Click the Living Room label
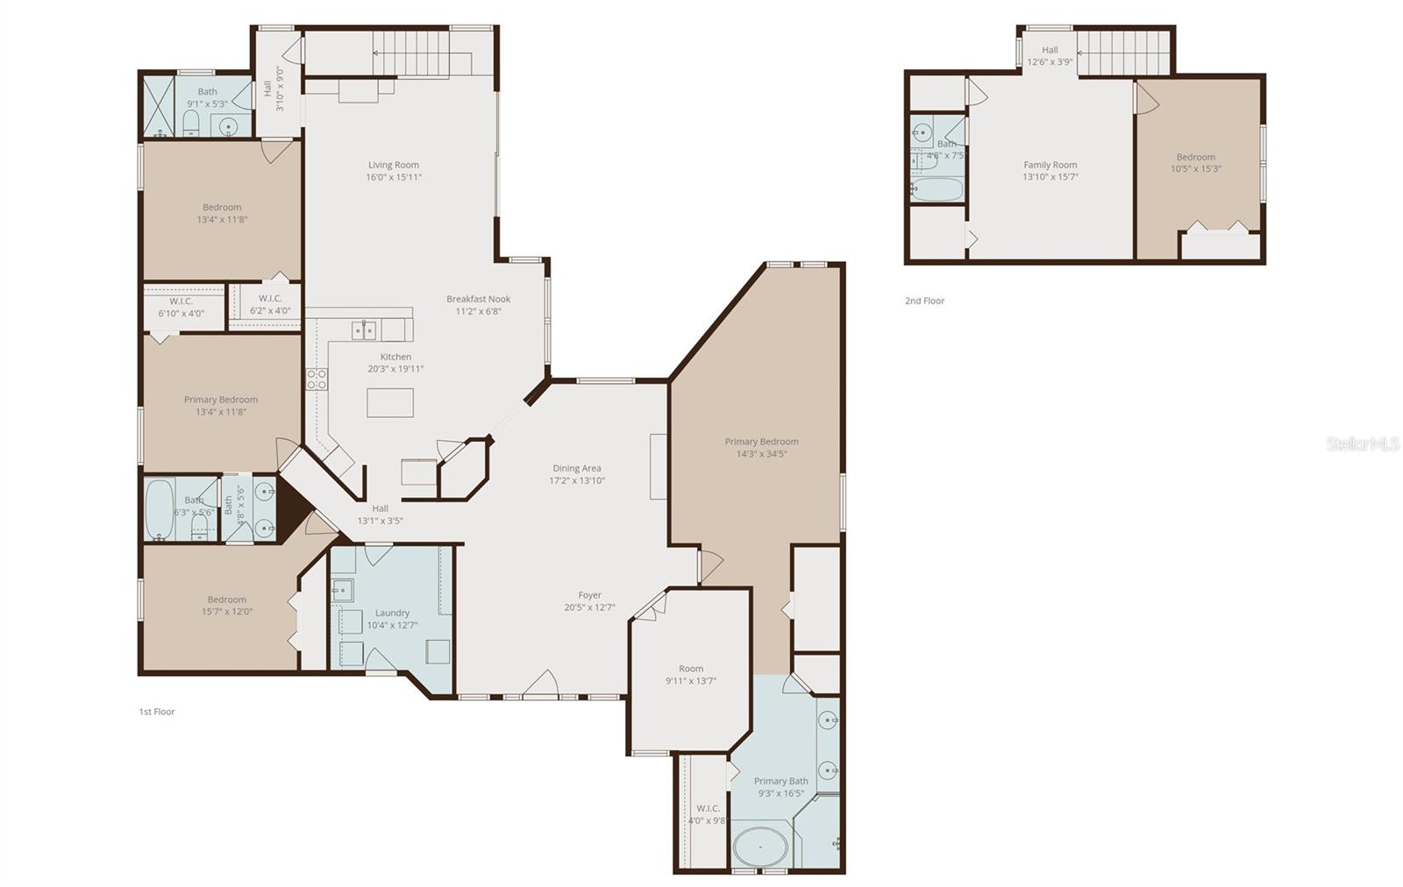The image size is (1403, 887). (x=393, y=165)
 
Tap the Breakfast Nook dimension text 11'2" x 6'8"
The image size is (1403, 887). (x=478, y=311)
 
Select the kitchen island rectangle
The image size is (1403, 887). (x=390, y=402)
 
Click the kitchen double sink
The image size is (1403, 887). (x=365, y=330)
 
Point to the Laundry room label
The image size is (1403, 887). (x=392, y=613)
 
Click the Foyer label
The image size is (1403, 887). (x=589, y=595)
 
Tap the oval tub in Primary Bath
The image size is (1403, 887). (x=759, y=848)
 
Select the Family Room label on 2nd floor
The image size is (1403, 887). (x=1050, y=165)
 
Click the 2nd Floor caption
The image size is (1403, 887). (x=924, y=301)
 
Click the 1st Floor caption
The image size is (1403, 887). (x=157, y=712)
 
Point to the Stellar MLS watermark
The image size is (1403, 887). (x=1362, y=444)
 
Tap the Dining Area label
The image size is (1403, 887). (x=576, y=468)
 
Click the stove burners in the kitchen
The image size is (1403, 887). (x=317, y=379)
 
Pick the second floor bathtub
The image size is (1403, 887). (x=937, y=189)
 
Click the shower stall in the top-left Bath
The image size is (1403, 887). (x=159, y=108)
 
